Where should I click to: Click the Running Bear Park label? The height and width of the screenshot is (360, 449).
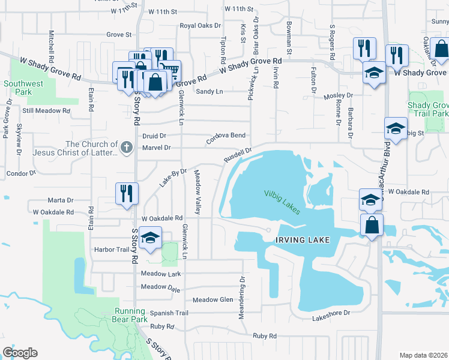coord(130,316)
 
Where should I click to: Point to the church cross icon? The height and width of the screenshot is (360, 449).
coord(126,147)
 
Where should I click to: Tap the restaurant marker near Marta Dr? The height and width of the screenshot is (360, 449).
coord(127,194)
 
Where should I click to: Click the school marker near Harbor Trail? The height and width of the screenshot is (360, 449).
coord(150,238)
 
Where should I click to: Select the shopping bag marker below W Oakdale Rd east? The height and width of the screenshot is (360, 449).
coord(372,226)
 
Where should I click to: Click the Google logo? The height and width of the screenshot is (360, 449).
coord(20,353)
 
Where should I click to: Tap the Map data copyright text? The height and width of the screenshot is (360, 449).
coord(424,355)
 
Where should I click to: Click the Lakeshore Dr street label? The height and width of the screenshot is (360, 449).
coord(331,313)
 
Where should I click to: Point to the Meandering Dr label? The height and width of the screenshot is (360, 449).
coord(243,298)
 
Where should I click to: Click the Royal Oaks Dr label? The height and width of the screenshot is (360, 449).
coord(201,26)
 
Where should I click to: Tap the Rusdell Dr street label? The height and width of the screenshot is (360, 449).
coord(238,155)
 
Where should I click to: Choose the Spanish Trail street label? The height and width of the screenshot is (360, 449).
coord(169,313)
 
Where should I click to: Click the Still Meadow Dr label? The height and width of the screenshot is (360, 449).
coord(46,110)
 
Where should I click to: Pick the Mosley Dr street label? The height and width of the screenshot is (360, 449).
coord(338,95)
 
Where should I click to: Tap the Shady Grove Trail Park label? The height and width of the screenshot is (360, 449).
coord(428,109)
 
